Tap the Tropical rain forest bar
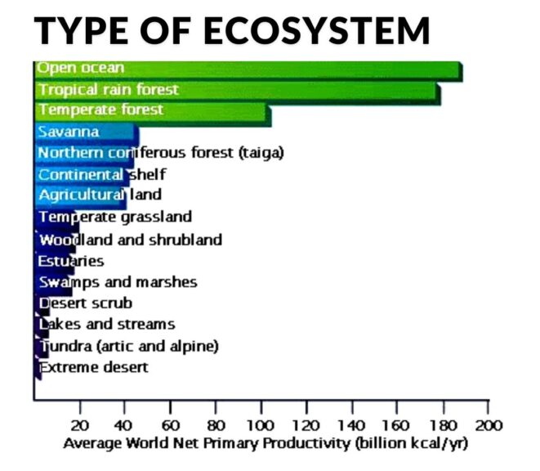[237, 90]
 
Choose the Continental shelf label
[102, 174]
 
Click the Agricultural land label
[100, 195]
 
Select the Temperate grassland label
[115, 218]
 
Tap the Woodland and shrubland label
[130, 240]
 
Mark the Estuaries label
[71, 261]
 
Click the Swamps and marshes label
[118, 282]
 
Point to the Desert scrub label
[86, 303]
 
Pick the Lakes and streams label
[107, 325]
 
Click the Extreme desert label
[94, 367]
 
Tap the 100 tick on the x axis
[261, 425]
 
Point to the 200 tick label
[489, 425]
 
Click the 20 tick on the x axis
[80, 425]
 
